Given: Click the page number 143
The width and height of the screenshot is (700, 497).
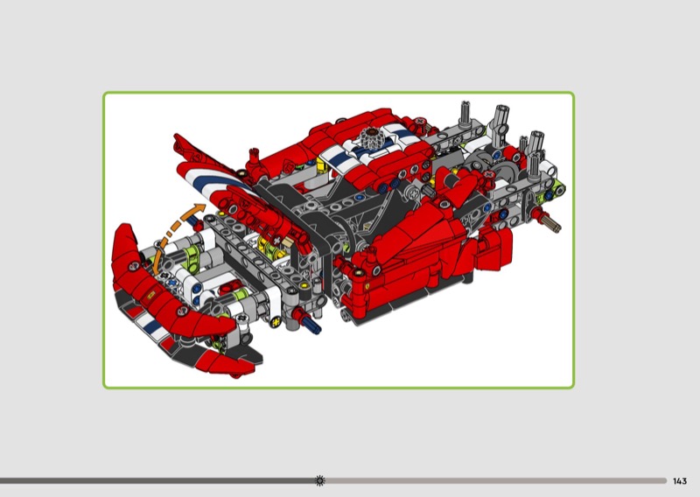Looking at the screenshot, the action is tap(680, 481).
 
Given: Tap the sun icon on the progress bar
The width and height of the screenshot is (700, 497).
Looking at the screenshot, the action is tap(319, 480).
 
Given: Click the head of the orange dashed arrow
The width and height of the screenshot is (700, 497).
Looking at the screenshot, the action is tap(199, 209).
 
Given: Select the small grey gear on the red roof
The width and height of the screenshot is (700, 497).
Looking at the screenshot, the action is tap(370, 136).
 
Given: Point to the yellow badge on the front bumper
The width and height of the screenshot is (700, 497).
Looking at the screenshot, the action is tap(150, 295).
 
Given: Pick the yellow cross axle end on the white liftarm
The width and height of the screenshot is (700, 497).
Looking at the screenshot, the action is tap(276, 320).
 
